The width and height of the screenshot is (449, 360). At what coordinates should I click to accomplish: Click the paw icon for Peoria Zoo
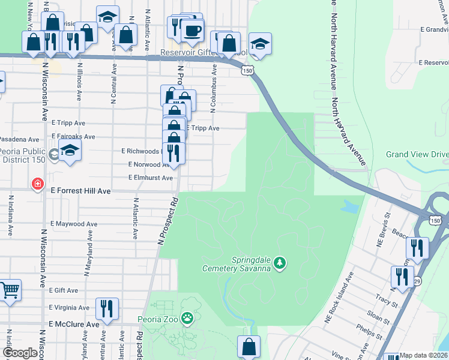coord(188,318)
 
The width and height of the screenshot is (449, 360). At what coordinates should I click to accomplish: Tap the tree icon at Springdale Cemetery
coord(279,263)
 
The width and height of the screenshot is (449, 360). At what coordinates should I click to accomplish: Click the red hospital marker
coord(38,184)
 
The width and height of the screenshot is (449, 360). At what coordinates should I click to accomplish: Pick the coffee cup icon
coord(192,31)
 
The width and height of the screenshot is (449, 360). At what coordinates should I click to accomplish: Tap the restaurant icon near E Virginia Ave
coord(107,309)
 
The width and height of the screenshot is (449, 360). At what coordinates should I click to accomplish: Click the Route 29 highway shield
coord(417,281)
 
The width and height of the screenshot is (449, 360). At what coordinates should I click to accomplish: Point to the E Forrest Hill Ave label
coord(81,191)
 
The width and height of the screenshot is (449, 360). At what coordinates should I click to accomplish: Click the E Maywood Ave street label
coord(74,224)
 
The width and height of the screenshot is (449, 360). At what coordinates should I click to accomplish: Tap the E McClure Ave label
coord(74,324)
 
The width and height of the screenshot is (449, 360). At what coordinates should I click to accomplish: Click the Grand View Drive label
coord(417,154)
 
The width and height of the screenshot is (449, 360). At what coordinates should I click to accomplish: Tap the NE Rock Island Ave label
coord(339,298)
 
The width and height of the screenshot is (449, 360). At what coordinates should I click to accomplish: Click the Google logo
coord(20,353)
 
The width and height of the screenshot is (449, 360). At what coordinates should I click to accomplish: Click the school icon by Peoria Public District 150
coord(70,152)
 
